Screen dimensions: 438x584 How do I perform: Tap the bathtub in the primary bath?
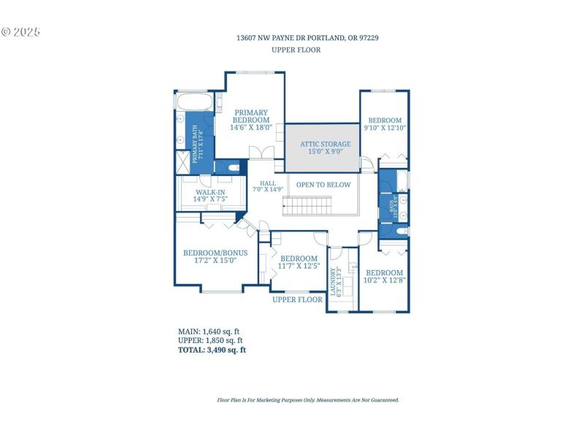click(x=195, y=101)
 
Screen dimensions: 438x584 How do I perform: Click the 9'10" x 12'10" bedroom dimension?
click(x=385, y=128)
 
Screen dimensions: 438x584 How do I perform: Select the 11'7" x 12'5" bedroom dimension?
click(x=299, y=266)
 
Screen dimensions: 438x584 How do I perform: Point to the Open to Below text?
click(x=323, y=185)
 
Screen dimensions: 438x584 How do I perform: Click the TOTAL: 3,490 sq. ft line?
click(x=212, y=350)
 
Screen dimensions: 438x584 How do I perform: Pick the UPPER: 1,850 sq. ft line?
click(x=210, y=340)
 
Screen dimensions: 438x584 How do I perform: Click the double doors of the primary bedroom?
click(x=261, y=152)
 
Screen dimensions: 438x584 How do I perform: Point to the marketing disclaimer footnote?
click(x=308, y=400)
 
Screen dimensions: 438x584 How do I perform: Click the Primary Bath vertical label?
click(x=197, y=142)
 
